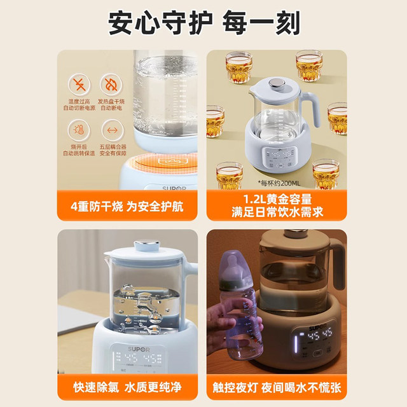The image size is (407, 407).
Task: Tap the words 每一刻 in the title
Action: click(260, 24)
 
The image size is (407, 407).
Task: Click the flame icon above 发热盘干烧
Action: click(112, 85)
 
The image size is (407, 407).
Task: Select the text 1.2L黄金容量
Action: click(275, 198)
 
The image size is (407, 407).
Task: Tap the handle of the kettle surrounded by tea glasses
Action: click(309, 108)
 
